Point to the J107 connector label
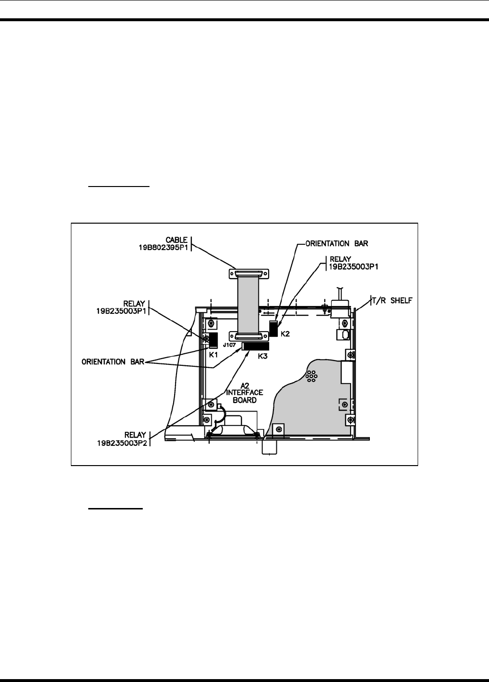coord(229,345)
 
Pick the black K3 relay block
coord(255,346)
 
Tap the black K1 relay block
coord(213,339)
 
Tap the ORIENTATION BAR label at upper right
coord(337,243)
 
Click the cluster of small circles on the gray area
coord(312,376)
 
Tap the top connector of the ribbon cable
coord(248,273)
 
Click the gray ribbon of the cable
coord(248,304)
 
